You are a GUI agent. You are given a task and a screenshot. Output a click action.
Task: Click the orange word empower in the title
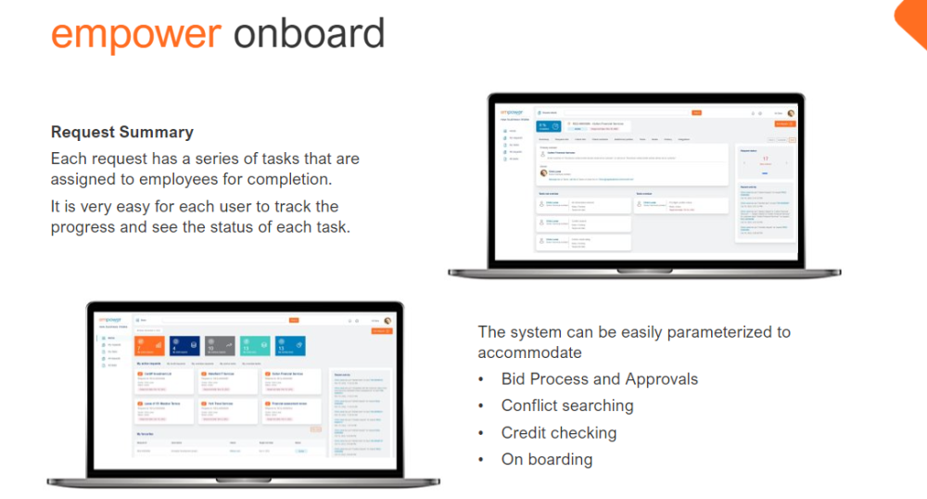[x=135, y=34]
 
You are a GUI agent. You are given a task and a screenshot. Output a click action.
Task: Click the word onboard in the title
[x=309, y=34]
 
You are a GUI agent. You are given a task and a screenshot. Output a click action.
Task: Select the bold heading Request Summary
[x=122, y=133]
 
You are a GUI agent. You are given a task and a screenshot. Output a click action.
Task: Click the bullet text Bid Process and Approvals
[x=599, y=379]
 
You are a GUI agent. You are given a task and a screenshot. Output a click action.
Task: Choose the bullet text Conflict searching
[x=567, y=405]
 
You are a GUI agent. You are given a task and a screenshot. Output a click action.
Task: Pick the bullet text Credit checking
[x=558, y=432]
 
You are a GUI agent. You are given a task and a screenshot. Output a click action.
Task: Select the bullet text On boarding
[x=546, y=459]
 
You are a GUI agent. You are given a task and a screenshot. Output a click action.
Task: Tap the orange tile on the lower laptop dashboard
[x=148, y=346]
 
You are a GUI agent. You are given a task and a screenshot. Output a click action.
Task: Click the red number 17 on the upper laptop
[x=766, y=159]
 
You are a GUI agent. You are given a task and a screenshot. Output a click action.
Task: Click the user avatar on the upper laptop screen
[x=791, y=113]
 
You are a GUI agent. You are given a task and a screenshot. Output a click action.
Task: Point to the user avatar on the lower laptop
[x=387, y=321]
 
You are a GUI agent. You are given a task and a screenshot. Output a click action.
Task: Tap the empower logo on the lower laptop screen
[x=109, y=320]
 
